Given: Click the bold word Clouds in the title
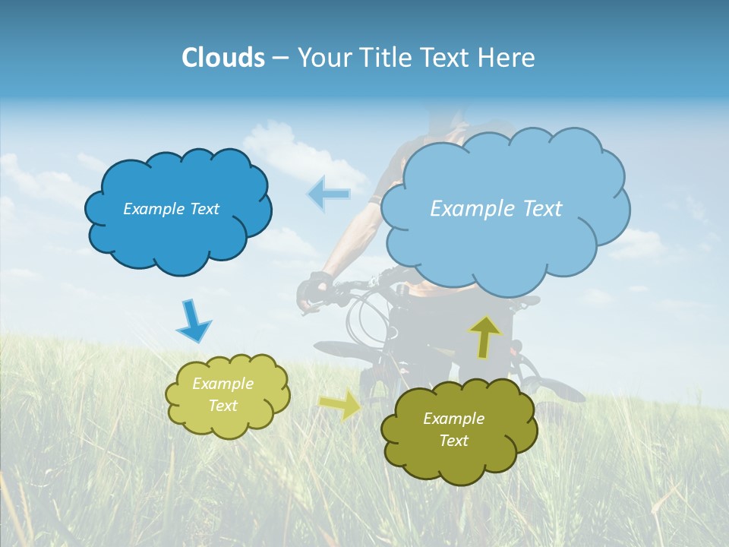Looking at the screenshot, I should [223, 58].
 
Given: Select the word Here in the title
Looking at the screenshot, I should [506, 58].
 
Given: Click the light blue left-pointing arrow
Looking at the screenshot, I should [329, 194].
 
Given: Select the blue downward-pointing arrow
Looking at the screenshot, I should [193, 321].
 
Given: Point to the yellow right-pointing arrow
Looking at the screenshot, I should [340, 405].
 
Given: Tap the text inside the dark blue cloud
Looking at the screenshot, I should [171, 209].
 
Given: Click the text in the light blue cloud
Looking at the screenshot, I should [496, 209].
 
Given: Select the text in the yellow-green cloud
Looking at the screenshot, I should [223, 395].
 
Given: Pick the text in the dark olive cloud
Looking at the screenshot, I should [453, 429].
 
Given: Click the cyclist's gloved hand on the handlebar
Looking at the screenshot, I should [314, 289].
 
